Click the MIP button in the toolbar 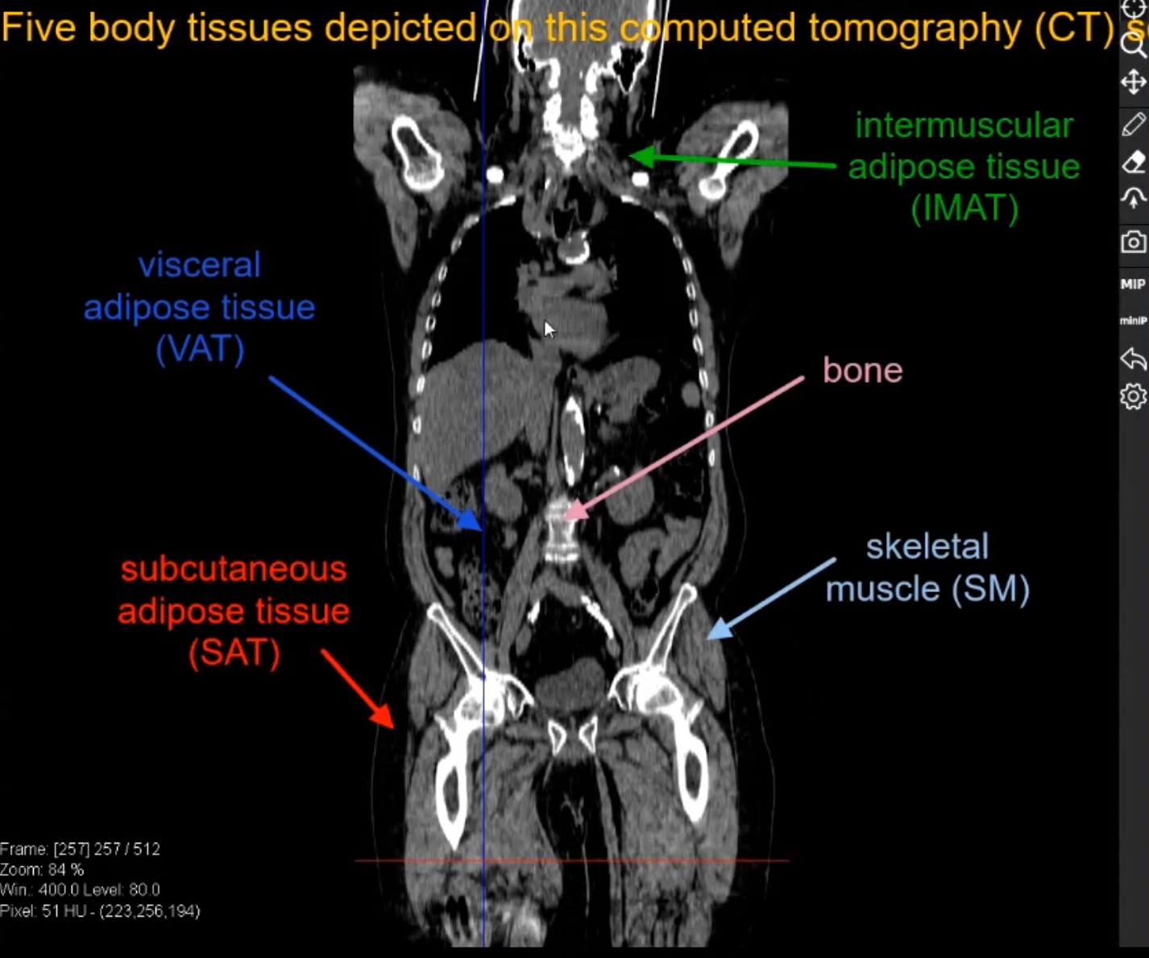(1132, 284)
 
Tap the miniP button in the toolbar (1132, 321)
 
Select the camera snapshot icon (1133, 242)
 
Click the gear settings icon (1133, 396)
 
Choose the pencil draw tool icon (1133, 124)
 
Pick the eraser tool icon (1133, 162)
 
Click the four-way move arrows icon (1133, 82)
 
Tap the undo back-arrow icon (1133, 359)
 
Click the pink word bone (862, 371)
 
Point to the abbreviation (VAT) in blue (199, 350)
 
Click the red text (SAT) (234, 653)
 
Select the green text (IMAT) (964, 209)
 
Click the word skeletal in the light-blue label (927, 547)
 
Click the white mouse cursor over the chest (549, 328)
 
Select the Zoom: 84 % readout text (42, 869)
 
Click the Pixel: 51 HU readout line (99, 911)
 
